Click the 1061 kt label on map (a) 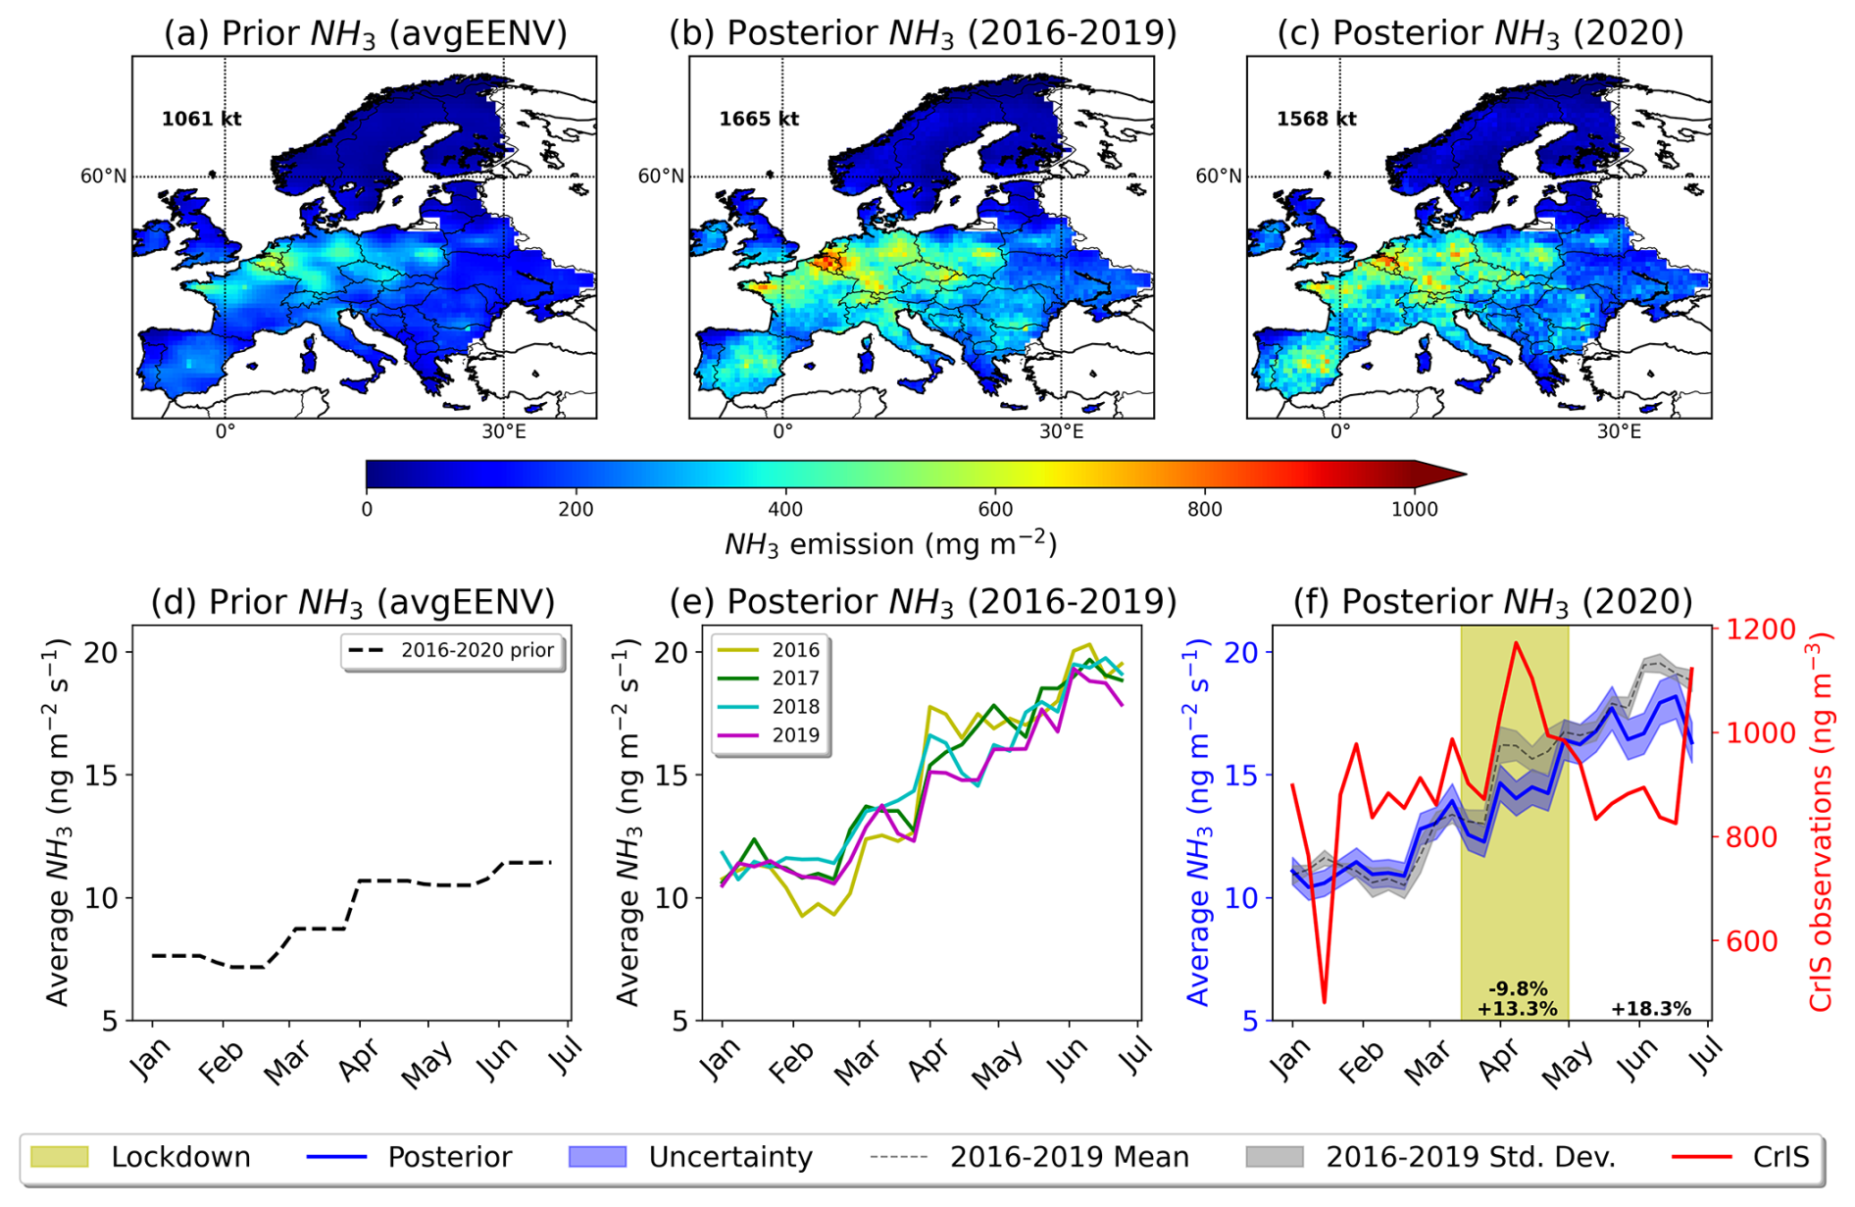[x=201, y=119]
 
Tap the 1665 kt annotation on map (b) [x=758, y=119]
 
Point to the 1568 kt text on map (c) [x=1316, y=119]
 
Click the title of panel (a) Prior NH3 [x=365, y=33]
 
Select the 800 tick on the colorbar [x=1204, y=509]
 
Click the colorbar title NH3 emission [x=890, y=544]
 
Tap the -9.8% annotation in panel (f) [x=1517, y=989]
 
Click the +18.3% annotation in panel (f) [x=1651, y=1009]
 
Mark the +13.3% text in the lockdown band [x=1517, y=1009]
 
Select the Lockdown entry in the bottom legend [x=180, y=1157]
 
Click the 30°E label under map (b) [x=1061, y=431]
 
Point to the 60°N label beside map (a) [x=103, y=176]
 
